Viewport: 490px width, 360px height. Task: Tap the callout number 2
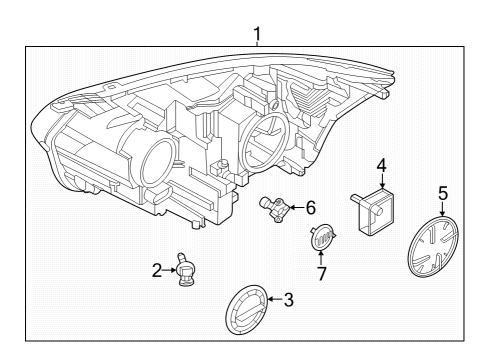(x=157, y=269)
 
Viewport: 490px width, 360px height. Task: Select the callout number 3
(x=289, y=299)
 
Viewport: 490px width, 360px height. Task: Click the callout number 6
(x=310, y=208)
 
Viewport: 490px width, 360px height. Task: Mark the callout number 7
(x=322, y=272)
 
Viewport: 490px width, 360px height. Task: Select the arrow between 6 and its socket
(x=295, y=208)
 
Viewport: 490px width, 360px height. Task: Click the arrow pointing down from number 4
(x=381, y=179)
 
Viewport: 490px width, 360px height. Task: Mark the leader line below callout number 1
(x=258, y=47)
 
